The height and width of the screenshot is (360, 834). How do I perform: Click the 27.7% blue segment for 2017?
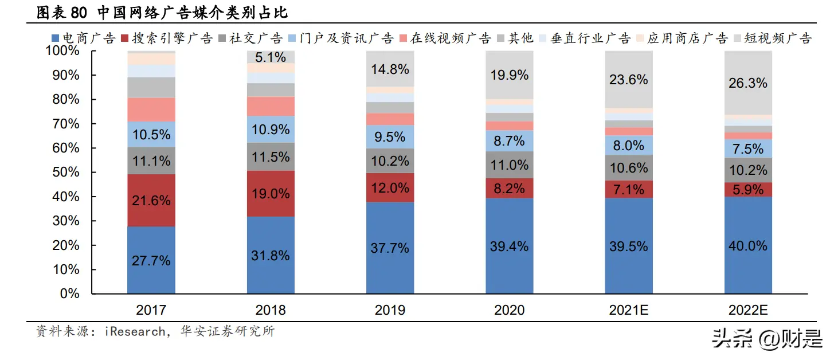point(151,260)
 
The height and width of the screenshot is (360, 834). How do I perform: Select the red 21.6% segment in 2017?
point(151,200)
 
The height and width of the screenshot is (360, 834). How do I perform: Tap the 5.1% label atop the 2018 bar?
point(271,57)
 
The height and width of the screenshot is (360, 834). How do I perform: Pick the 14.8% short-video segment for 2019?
point(390,69)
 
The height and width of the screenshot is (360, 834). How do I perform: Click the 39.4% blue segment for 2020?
point(510,246)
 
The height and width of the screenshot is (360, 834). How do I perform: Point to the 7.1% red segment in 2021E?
point(629,189)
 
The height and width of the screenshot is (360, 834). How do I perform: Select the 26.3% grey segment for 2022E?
point(748,83)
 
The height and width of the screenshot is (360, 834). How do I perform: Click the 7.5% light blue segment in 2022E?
point(748,148)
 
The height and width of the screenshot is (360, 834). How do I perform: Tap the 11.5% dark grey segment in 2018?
point(271,156)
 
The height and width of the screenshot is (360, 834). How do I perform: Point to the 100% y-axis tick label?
point(62,50)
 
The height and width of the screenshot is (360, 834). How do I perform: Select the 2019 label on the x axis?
point(390,310)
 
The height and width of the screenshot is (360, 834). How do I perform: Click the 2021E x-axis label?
point(629,310)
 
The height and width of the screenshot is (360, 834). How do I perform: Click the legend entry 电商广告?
point(84,38)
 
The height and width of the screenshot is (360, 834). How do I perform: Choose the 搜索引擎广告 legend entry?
point(167,38)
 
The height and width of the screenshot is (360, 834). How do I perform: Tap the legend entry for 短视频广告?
point(773,38)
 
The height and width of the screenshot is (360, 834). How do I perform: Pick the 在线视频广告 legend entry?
point(445,38)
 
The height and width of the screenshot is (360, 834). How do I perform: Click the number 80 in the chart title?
point(79,13)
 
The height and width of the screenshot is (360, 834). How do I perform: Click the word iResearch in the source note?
point(135,331)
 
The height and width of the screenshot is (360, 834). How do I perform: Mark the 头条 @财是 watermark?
point(767,339)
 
